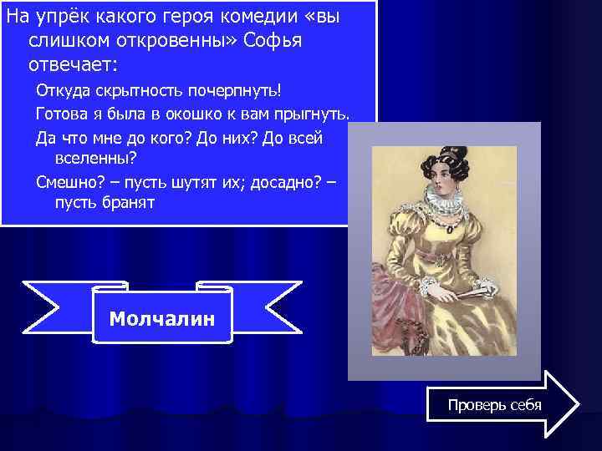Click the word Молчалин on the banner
pyautogui.click(x=162, y=318)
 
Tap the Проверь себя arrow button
pyautogui.click(x=495, y=405)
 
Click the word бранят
pyautogui.click(x=125, y=203)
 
